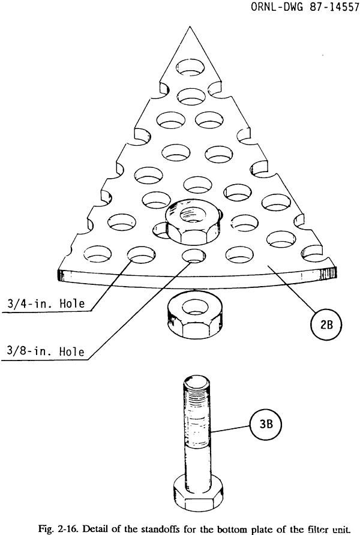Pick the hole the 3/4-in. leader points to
pyautogui.click(x=137, y=256)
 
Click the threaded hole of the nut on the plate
pyautogui.click(x=191, y=213)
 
